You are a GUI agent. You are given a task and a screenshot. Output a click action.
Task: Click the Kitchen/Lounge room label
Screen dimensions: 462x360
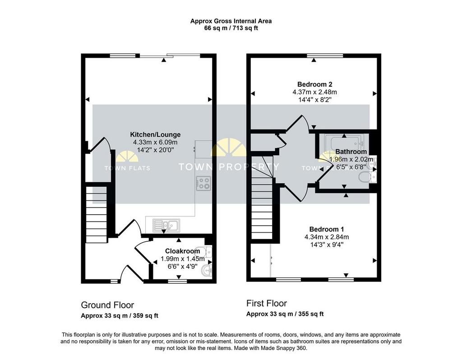click(155, 134)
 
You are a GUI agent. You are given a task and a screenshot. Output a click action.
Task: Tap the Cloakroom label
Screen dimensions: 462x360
click(182, 251)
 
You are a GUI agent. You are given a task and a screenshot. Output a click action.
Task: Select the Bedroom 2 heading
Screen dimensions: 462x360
click(314, 84)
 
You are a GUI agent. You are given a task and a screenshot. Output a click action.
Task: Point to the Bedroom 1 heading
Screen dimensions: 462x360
click(327, 229)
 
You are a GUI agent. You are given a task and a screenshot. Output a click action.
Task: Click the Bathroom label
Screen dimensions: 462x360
click(351, 152)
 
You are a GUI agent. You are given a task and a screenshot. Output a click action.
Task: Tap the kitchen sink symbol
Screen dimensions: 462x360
click(166, 226)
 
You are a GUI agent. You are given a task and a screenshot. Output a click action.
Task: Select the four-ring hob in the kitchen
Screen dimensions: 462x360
click(203, 183)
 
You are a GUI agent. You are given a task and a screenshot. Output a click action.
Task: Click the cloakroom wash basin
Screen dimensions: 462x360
click(206, 270)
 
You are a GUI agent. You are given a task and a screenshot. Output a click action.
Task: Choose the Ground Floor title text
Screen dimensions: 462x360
click(107, 305)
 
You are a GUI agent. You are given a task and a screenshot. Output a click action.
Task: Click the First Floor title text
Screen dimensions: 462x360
click(267, 303)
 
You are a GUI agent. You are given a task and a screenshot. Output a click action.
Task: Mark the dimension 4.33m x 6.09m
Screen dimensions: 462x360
click(155, 142)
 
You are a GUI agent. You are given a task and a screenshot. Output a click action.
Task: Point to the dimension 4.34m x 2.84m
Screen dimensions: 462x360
click(327, 237)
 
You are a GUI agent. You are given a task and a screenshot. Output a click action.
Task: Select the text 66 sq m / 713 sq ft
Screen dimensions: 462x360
click(231, 28)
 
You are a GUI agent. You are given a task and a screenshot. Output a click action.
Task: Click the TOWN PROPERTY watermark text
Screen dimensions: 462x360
click(229, 167)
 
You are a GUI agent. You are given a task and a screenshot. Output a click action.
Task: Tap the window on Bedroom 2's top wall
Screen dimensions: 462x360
click(325, 55)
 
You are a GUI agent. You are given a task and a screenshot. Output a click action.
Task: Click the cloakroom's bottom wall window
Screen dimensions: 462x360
click(177, 282)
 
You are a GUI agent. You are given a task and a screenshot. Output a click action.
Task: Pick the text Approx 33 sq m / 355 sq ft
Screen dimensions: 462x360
click(285, 314)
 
